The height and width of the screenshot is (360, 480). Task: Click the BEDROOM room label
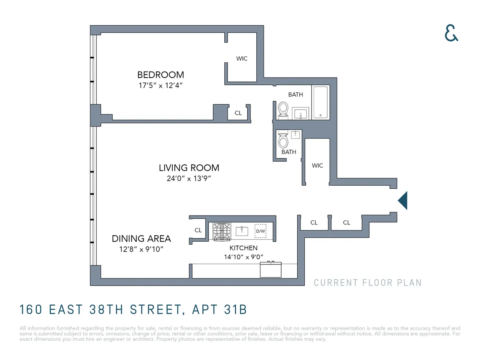coord(160,75)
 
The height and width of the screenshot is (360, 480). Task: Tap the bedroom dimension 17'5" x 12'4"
coord(160,85)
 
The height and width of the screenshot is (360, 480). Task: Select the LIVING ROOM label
coord(189,168)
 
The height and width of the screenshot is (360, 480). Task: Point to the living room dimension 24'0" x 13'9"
coord(189,178)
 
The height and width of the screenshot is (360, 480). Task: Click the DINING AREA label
coord(141,239)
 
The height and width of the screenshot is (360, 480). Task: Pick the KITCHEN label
coord(243,248)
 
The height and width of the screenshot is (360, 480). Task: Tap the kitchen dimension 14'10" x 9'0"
coord(243,257)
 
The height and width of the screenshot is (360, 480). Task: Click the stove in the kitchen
coord(222,231)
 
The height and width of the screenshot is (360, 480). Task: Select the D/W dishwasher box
coord(260,231)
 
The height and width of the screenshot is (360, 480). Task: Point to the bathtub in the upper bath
coord(320,102)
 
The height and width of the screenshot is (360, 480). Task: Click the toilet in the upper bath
coord(283,109)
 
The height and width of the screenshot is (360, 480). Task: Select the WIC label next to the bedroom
coord(242,58)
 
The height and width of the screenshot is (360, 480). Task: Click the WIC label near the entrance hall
coord(317,166)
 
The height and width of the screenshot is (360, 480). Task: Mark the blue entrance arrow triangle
coord(403,200)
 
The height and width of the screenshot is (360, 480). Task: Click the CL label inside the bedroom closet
coord(238,113)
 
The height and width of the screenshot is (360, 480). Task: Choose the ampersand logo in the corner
coord(451,33)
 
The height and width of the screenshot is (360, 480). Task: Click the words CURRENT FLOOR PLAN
coord(368,283)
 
